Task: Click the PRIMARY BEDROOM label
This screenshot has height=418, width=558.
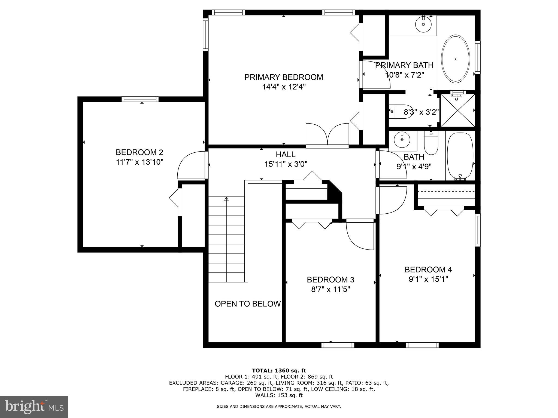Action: coord(283,77)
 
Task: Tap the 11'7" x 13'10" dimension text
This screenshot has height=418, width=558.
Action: coord(139,162)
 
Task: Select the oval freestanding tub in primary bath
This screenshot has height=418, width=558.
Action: coord(455,59)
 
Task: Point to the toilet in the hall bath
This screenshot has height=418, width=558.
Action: coord(431,143)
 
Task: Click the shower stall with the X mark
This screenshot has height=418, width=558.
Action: coord(457,110)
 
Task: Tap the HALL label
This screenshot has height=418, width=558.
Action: coord(285,155)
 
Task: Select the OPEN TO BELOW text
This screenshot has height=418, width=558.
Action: coord(247,304)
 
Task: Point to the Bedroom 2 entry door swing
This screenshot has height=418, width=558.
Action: coord(191,166)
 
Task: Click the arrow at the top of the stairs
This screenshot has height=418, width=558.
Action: coord(226,199)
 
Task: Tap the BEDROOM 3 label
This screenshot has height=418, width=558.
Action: coord(330,279)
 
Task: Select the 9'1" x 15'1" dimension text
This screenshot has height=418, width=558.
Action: coord(428,279)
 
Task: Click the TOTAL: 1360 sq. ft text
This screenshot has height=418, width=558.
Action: coord(279,370)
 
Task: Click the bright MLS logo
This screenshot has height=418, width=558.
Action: coord(34,407)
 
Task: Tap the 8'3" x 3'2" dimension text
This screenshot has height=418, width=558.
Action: coord(421,112)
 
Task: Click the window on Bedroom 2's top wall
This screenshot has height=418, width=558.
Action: coord(140,99)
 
